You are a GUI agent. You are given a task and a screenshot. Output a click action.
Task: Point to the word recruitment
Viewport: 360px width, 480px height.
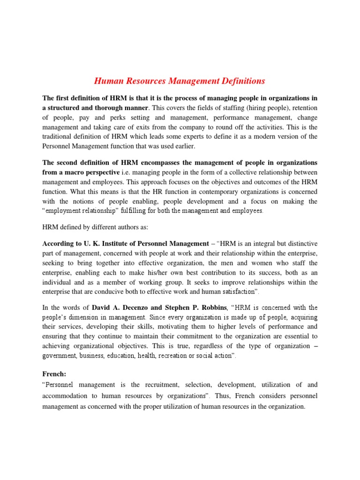[x=156, y=385]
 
